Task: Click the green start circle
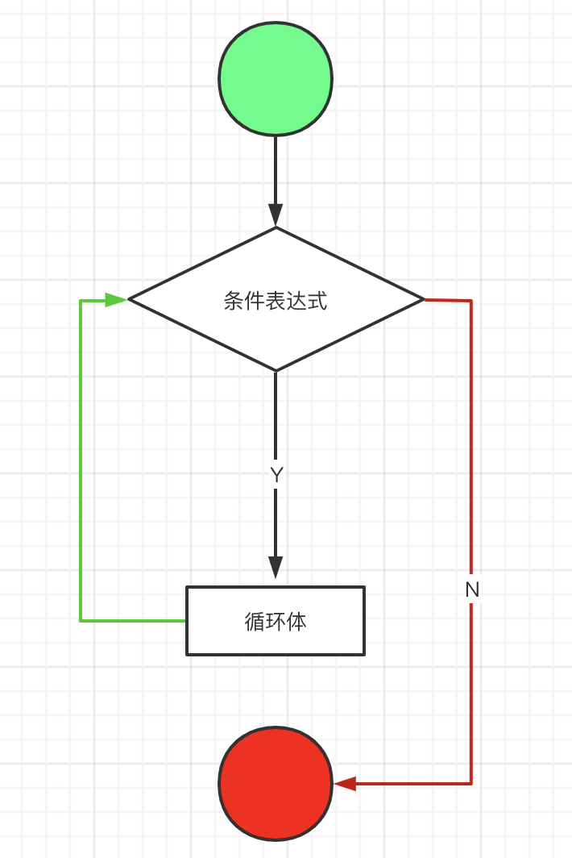pyautogui.click(x=276, y=78)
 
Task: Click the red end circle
pyautogui.click(x=276, y=783)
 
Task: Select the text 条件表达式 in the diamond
pyautogui.click(x=276, y=301)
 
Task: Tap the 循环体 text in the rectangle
pyautogui.click(x=276, y=621)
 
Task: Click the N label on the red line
pyautogui.click(x=472, y=589)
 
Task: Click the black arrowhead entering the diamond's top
pyautogui.click(x=276, y=215)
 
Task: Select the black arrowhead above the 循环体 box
pyautogui.click(x=276, y=567)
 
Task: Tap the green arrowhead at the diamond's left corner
pyautogui.click(x=117, y=300)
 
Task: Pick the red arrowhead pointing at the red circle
pyautogui.click(x=345, y=783)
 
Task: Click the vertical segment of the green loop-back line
pyautogui.click(x=81, y=460)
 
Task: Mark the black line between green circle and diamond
pyautogui.click(x=276, y=169)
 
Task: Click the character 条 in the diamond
pyautogui.click(x=234, y=301)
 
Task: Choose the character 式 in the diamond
pyautogui.click(x=317, y=301)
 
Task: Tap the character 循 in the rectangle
pyautogui.click(x=255, y=621)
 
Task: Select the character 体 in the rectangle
pyautogui.click(x=296, y=621)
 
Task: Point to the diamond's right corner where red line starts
pyautogui.click(x=423, y=300)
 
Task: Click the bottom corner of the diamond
pyautogui.click(x=276, y=370)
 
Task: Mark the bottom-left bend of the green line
pyautogui.click(x=81, y=620)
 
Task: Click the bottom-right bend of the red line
pyautogui.click(x=471, y=783)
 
